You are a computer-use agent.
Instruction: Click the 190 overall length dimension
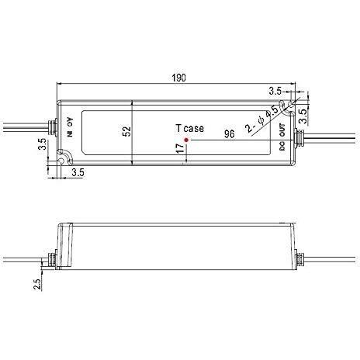tap(179, 78)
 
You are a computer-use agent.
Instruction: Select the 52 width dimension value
tap(127, 131)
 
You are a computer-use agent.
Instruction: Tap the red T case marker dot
tap(186, 140)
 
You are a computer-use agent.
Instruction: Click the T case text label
tap(189, 128)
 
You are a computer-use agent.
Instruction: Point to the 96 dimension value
tap(230, 134)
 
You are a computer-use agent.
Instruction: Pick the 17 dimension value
tap(180, 148)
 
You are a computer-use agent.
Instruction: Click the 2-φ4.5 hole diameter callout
tap(261, 119)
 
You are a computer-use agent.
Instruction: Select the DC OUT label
tap(282, 137)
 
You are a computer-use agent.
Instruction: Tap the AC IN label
tap(70, 127)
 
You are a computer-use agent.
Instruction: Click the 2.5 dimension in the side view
tap(37, 284)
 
